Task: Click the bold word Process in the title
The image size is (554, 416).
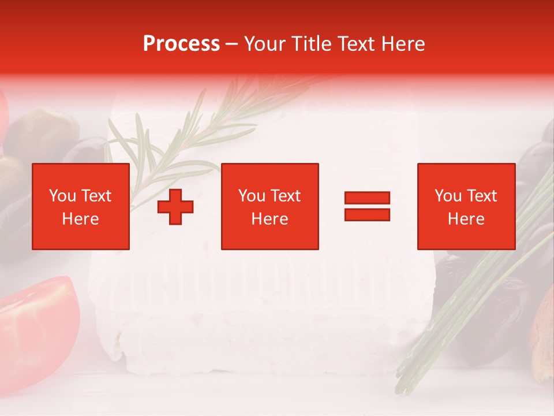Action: (x=181, y=44)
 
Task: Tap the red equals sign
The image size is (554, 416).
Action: (x=367, y=206)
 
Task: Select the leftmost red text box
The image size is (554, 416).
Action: (x=81, y=207)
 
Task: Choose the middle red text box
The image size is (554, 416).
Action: (x=270, y=207)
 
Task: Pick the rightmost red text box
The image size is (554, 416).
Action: (x=466, y=207)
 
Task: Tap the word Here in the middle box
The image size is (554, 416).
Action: (x=270, y=219)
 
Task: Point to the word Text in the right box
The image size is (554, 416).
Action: (x=481, y=196)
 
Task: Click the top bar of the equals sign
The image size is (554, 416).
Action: (x=367, y=198)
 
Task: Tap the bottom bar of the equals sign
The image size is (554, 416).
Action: (x=367, y=215)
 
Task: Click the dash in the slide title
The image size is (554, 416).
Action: (x=232, y=44)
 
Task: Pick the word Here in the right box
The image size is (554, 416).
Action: (x=466, y=219)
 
